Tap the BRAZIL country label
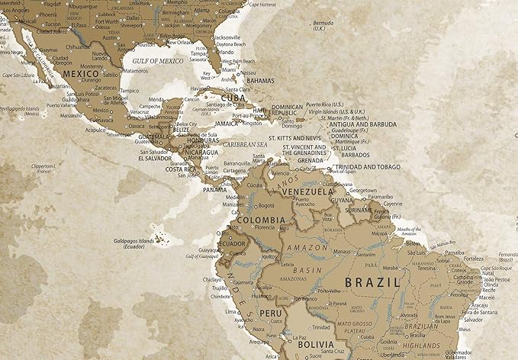[x=373, y=281]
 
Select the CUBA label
[x=232, y=98]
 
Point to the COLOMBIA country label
[x=262, y=220]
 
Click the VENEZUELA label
[x=307, y=192]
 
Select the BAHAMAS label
[x=260, y=80]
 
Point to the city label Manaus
[x=341, y=251]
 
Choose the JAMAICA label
[x=227, y=123]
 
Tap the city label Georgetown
[x=363, y=190]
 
